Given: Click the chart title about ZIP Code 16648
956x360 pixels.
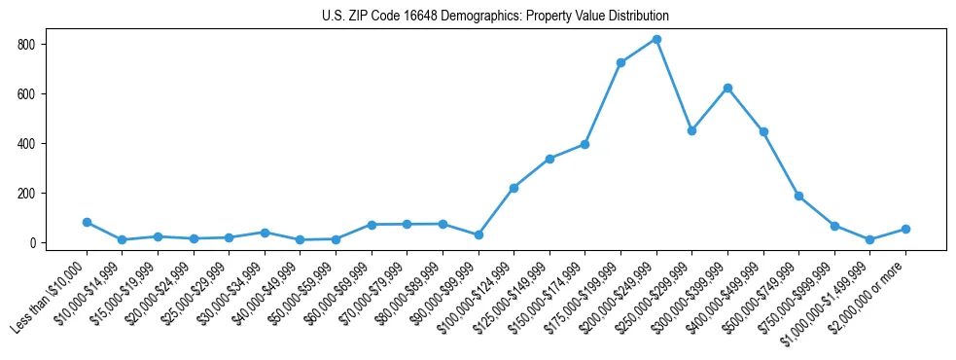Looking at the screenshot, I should (x=495, y=17).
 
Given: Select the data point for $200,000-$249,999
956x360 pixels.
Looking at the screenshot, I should (x=656, y=39).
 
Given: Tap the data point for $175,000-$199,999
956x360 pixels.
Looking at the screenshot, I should (x=620, y=62).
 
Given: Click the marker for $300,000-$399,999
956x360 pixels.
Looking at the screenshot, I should (x=727, y=88).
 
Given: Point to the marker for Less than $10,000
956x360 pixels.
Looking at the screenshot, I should (x=87, y=222).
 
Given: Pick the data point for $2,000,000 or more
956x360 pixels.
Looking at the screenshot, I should (x=905, y=229).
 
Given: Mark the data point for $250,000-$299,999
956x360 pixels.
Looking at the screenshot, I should (x=691, y=130).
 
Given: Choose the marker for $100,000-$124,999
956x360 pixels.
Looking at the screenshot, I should (x=513, y=188).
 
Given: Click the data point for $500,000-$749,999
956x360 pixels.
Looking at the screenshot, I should (x=798, y=196).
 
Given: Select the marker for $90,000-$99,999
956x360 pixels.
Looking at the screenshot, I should (x=478, y=234).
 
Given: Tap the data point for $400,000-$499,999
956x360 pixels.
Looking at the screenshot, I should (x=763, y=131).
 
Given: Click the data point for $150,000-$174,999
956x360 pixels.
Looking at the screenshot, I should (x=585, y=144).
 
